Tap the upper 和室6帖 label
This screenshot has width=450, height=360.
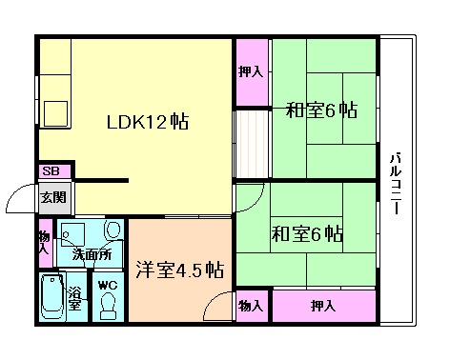321,110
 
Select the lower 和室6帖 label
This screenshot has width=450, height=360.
306,234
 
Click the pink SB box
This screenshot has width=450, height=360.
51,171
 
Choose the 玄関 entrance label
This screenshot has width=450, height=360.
51,198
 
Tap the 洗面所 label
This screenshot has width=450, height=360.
92,255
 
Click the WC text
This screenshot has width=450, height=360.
105,284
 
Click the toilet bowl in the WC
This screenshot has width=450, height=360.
107,304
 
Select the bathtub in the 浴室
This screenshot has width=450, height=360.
51,299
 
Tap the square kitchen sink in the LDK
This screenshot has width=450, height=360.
52,111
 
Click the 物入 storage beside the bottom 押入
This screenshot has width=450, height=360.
251,306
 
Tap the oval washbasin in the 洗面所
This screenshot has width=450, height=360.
113,231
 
